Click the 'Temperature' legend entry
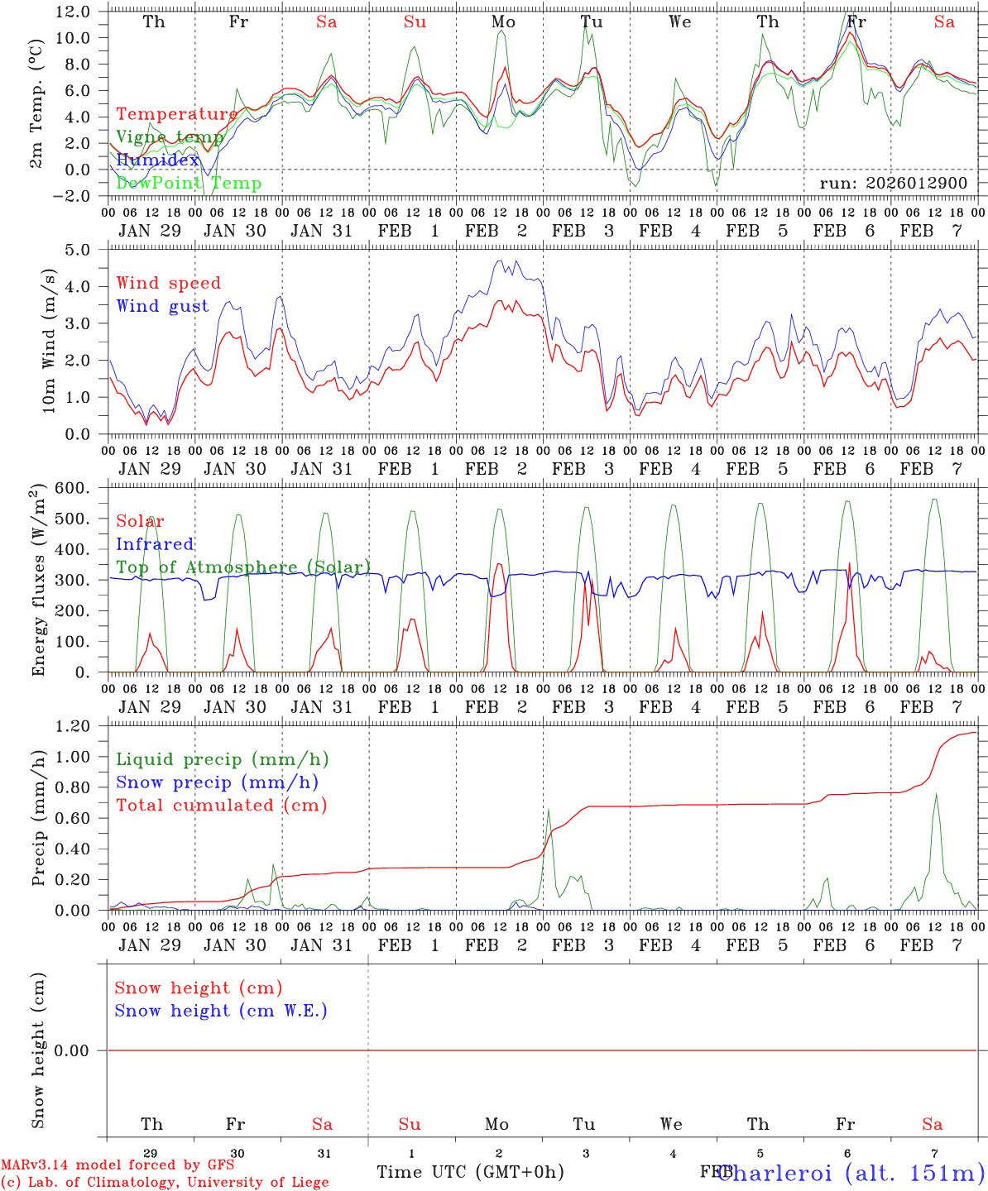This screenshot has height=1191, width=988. (x=177, y=114)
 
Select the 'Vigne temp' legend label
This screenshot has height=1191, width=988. (x=170, y=136)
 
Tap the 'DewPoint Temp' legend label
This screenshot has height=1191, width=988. (x=189, y=183)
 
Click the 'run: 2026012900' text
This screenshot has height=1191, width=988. (x=893, y=183)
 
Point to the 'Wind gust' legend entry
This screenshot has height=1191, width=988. (x=162, y=306)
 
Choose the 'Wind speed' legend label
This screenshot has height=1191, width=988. (x=169, y=283)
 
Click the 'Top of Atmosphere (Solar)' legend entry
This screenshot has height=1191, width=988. (x=243, y=567)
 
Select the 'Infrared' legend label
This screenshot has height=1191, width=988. (x=155, y=544)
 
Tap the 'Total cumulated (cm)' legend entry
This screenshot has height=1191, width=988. (x=222, y=805)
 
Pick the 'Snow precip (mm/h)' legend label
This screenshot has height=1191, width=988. (x=217, y=782)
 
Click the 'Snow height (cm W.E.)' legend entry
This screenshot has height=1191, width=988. (x=221, y=1011)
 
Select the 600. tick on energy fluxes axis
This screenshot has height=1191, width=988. (x=73, y=488)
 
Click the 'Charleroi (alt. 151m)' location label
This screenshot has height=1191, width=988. (x=851, y=1172)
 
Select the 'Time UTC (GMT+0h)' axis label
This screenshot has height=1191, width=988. (x=470, y=1172)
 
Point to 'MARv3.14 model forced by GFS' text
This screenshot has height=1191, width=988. (x=118, y=1165)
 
